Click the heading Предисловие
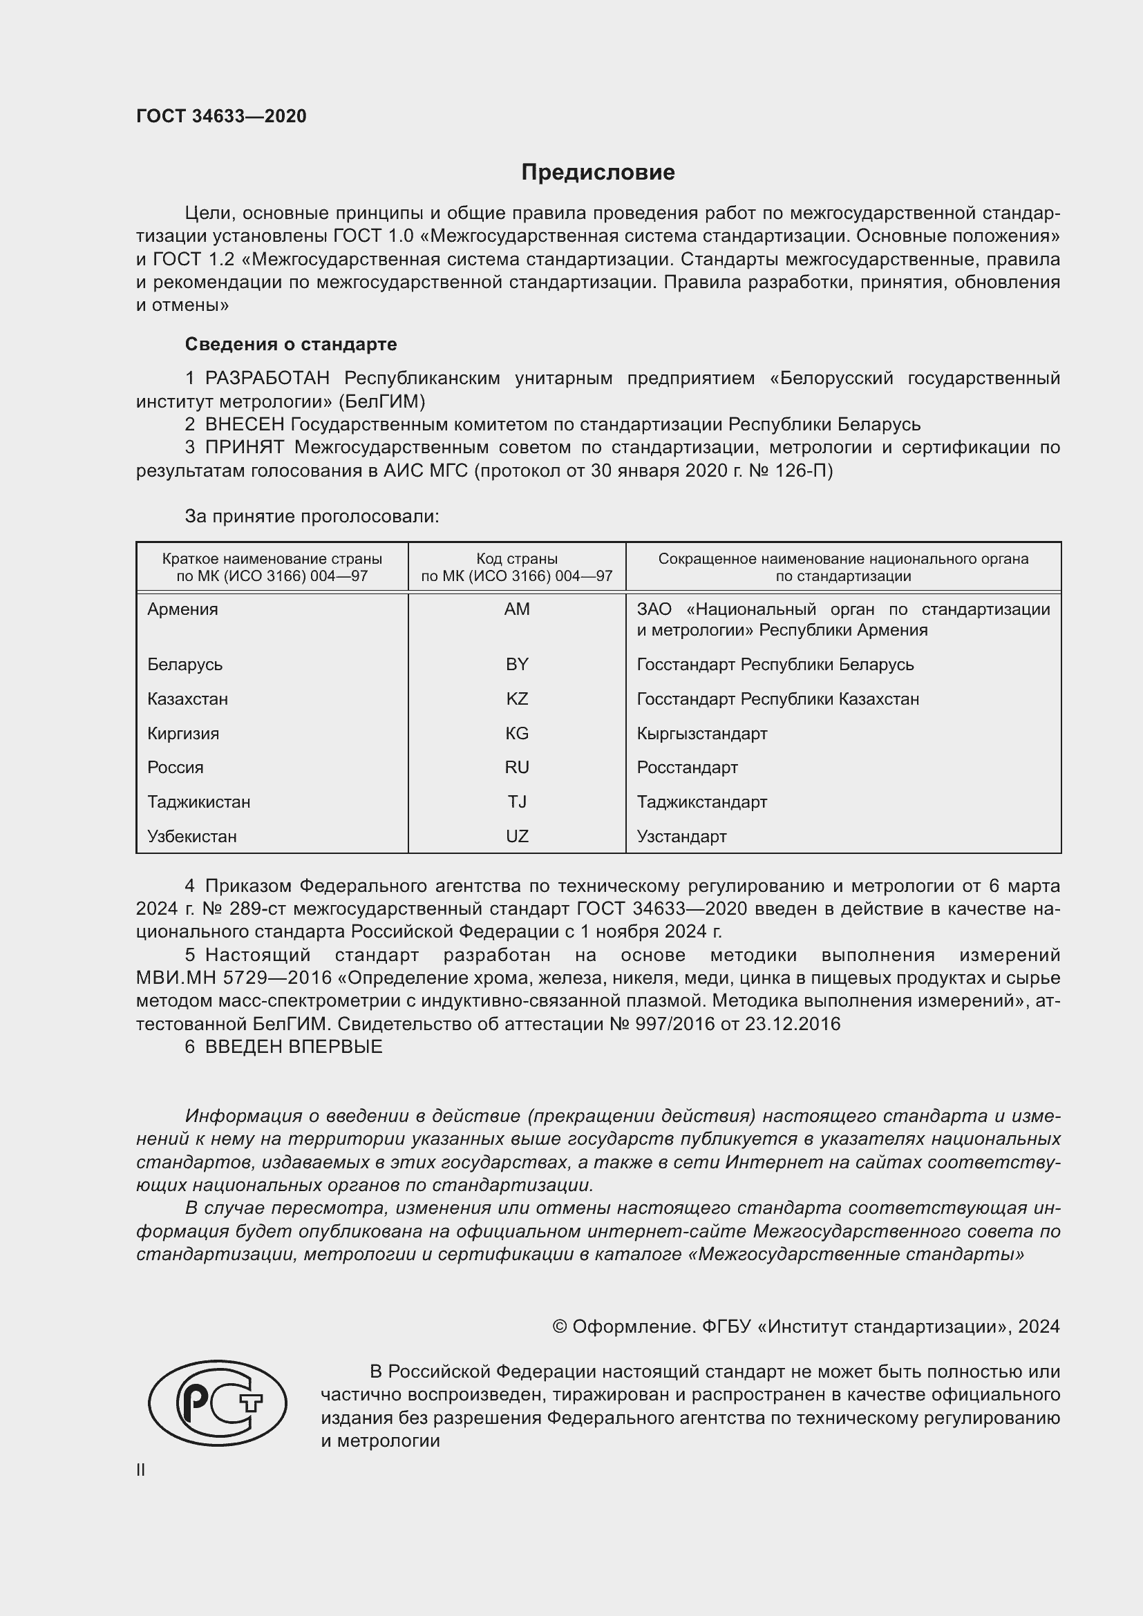click(598, 173)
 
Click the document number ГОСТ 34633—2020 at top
click(221, 116)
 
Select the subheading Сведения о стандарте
click(291, 344)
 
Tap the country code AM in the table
click(517, 609)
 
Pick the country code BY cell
click(517, 665)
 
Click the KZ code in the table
click(517, 699)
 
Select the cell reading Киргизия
click(183, 734)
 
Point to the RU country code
click(517, 767)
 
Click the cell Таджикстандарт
click(701, 801)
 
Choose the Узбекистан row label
click(191, 836)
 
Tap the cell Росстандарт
click(687, 767)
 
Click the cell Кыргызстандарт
click(701, 734)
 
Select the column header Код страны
click(517, 559)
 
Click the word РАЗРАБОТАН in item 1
click(267, 379)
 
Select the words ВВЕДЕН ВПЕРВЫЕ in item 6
click(294, 1047)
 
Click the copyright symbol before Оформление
click(560, 1327)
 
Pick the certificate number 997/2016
click(675, 1023)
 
